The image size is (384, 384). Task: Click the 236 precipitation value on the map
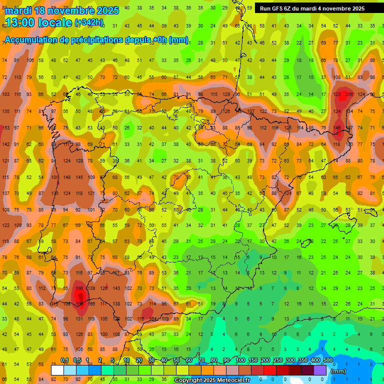click(349, 94)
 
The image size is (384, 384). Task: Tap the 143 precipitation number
click(116, 288)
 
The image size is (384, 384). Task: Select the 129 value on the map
click(226, 94)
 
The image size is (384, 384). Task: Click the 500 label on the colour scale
click(327, 360)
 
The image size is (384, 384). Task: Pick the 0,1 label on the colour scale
click(64, 360)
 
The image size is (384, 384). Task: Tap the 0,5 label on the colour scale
click(77, 360)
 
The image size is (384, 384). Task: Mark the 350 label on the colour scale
click(302, 360)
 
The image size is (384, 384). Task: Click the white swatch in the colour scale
click(57, 370)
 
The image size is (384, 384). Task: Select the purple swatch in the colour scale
click(320, 370)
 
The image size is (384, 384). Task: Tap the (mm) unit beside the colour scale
click(338, 371)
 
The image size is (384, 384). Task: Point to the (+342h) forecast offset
click(88, 22)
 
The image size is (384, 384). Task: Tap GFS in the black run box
click(279, 8)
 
